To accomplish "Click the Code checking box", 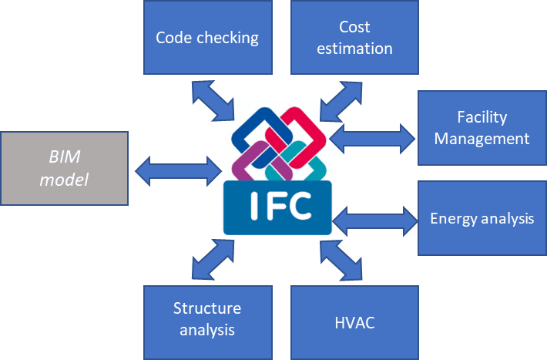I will [x=207, y=36].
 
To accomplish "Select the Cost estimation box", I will [x=354, y=37].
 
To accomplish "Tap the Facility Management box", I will [x=482, y=127].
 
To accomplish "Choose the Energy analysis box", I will [x=482, y=218].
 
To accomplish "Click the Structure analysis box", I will [x=207, y=320].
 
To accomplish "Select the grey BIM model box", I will [x=64, y=168].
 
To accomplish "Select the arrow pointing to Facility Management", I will [x=374, y=138].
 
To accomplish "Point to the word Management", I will [x=482, y=139].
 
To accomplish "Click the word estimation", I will [x=354, y=49].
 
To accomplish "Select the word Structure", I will [x=207, y=308].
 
